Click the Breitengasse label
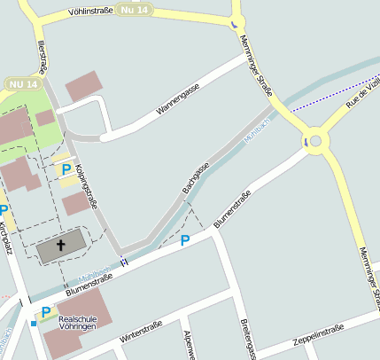[247, 341]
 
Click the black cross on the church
[61, 246]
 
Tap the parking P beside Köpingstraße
[66, 169]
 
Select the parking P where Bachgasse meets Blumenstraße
[185, 240]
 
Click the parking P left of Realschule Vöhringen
[44, 312]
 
